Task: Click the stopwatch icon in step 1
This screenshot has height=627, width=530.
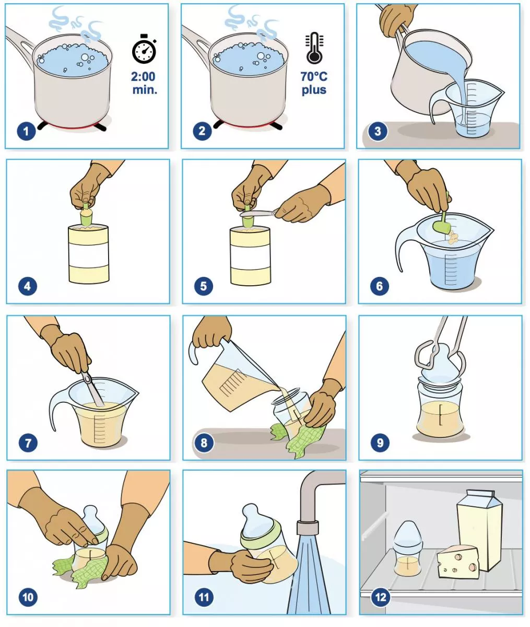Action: coord(144,51)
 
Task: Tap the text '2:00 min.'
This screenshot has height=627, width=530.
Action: coord(144,83)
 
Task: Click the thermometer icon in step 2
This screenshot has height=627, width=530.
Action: coord(314,48)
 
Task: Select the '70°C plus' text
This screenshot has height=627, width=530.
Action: coord(314,83)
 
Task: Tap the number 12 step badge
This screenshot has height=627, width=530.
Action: coord(380,597)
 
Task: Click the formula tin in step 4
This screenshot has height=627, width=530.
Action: coord(89,253)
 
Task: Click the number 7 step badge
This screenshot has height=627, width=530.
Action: coord(28,443)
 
